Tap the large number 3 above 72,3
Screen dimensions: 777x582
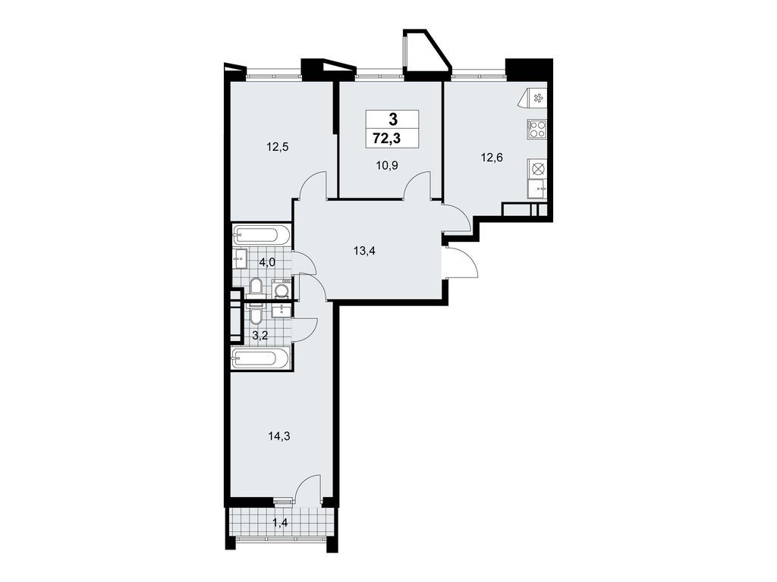pyautogui.click(x=392, y=119)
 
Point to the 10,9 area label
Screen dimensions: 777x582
pyautogui.click(x=387, y=166)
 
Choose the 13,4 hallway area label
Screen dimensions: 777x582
pyautogui.click(x=365, y=251)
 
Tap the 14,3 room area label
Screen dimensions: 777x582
pyautogui.click(x=279, y=436)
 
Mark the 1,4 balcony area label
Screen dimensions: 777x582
pyautogui.click(x=280, y=521)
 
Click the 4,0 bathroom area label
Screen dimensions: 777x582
pyautogui.click(x=266, y=261)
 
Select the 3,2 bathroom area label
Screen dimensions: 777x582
pyautogui.click(x=260, y=336)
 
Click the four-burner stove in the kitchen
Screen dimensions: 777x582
pyautogui.click(x=536, y=129)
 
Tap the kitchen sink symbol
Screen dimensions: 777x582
pyautogui.click(x=537, y=189)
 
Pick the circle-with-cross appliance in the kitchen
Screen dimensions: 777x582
pyautogui.click(x=537, y=168)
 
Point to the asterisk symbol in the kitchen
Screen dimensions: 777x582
pyautogui.click(x=537, y=98)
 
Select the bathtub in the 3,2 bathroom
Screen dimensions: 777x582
pyautogui.click(x=260, y=358)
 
